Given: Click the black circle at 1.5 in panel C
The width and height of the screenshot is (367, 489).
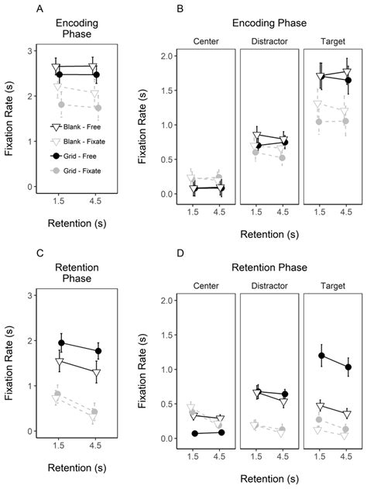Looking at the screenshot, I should click(x=61, y=343).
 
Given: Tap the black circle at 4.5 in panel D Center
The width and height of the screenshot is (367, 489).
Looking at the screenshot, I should click(x=221, y=432).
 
